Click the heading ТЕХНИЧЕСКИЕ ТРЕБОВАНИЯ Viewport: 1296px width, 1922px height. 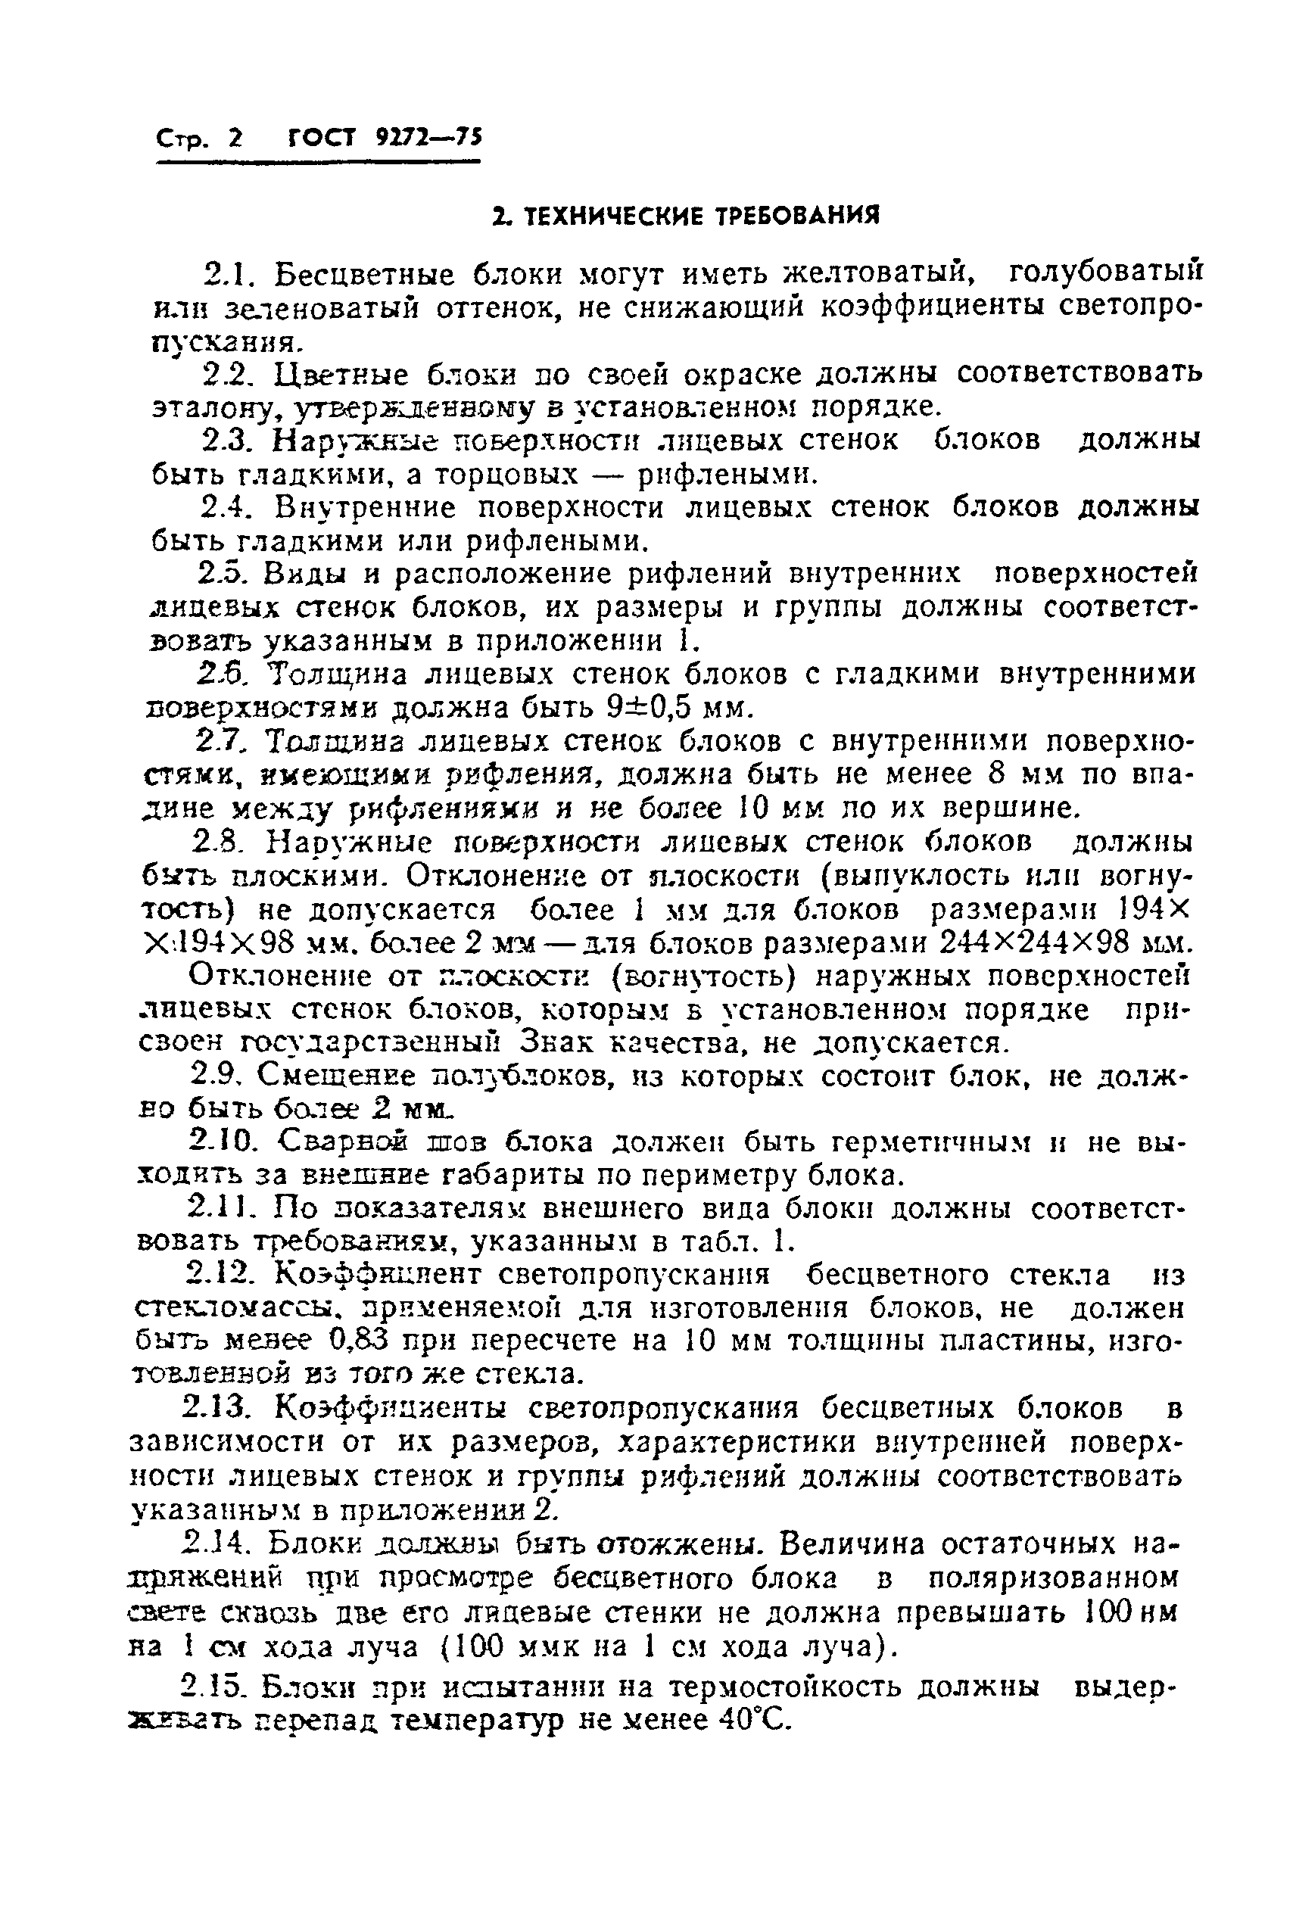685,216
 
